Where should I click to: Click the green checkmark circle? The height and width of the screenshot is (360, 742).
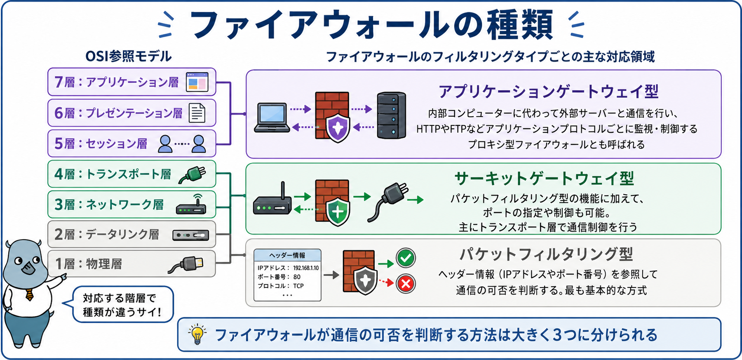(406, 258)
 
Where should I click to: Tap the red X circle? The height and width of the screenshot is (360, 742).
(406, 284)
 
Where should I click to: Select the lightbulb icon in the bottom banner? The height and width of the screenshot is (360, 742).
(197, 334)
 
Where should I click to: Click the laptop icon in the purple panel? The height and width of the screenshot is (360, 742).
(272, 118)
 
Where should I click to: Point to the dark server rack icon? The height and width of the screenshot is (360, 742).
(391, 115)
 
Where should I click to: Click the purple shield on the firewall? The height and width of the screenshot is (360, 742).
(338, 128)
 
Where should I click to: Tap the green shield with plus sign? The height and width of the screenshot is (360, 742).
(338, 212)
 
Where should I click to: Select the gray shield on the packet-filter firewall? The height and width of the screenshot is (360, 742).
(365, 280)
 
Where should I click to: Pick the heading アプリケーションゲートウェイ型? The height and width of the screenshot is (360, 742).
(548, 92)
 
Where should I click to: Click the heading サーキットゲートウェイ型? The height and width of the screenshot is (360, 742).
(544, 179)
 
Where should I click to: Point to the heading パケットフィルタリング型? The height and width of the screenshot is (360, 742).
(546, 254)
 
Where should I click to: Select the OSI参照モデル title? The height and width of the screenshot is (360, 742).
(128, 56)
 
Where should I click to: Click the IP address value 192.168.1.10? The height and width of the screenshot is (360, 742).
(306, 268)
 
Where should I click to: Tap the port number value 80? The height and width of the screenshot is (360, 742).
(297, 277)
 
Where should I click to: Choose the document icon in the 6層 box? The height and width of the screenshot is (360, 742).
(197, 113)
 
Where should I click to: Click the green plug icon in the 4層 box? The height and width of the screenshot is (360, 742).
(192, 174)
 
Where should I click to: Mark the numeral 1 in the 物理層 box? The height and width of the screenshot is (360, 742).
(59, 264)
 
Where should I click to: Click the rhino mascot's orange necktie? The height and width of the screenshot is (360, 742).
(29, 295)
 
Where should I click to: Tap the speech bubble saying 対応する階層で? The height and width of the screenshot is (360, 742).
(122, 305)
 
